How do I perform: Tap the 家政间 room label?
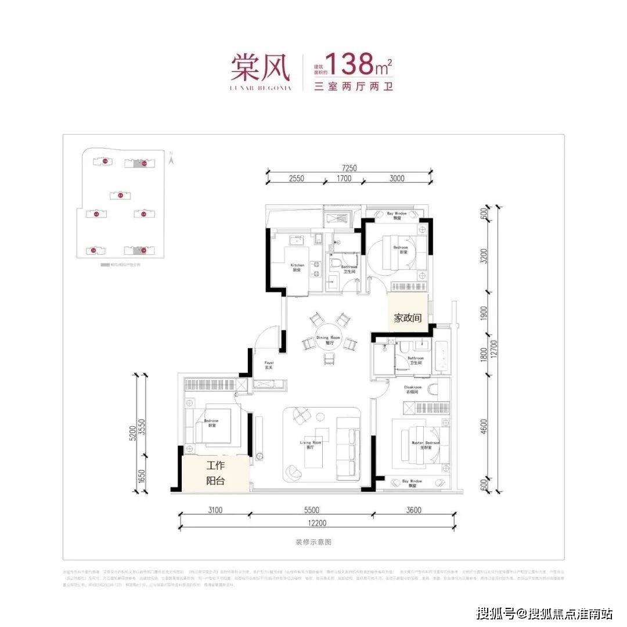pos(408,318)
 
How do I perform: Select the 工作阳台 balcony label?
pos(215,473)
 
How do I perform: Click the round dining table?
pos(329,340)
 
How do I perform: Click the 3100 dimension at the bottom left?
pos(214,510)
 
